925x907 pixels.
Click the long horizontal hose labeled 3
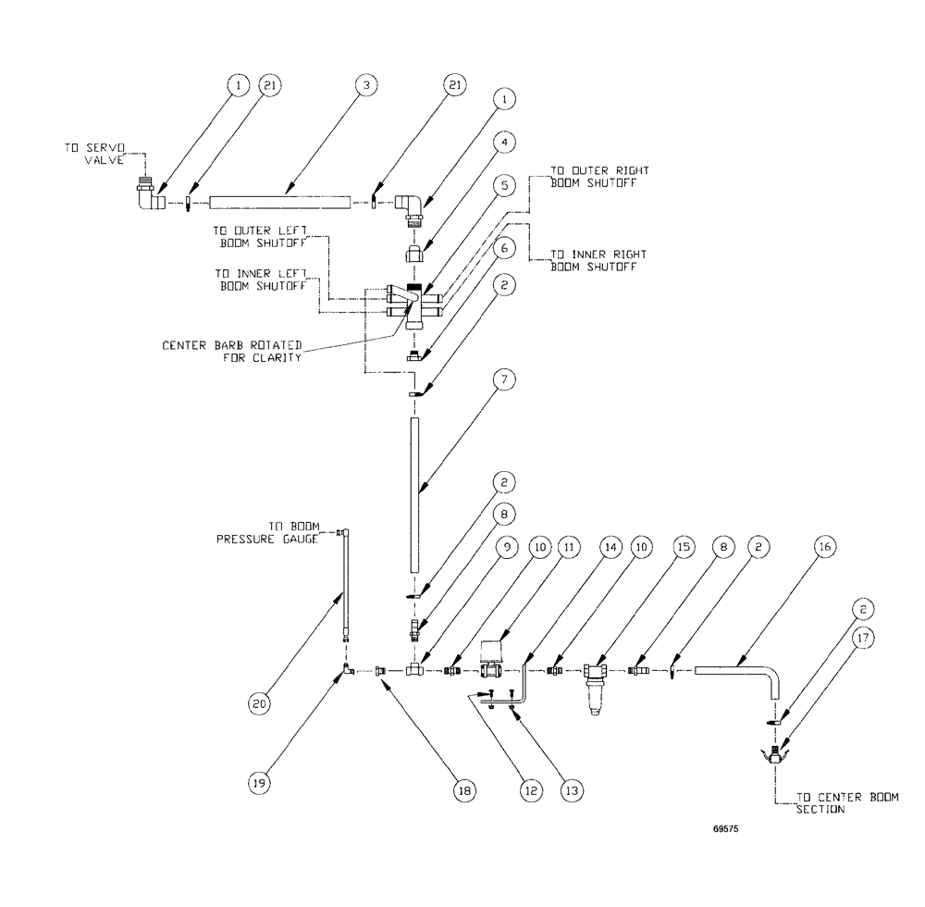pyautogui.click(x=281, y=201)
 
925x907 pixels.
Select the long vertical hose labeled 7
pyautogui.click(x=414, y=495)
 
